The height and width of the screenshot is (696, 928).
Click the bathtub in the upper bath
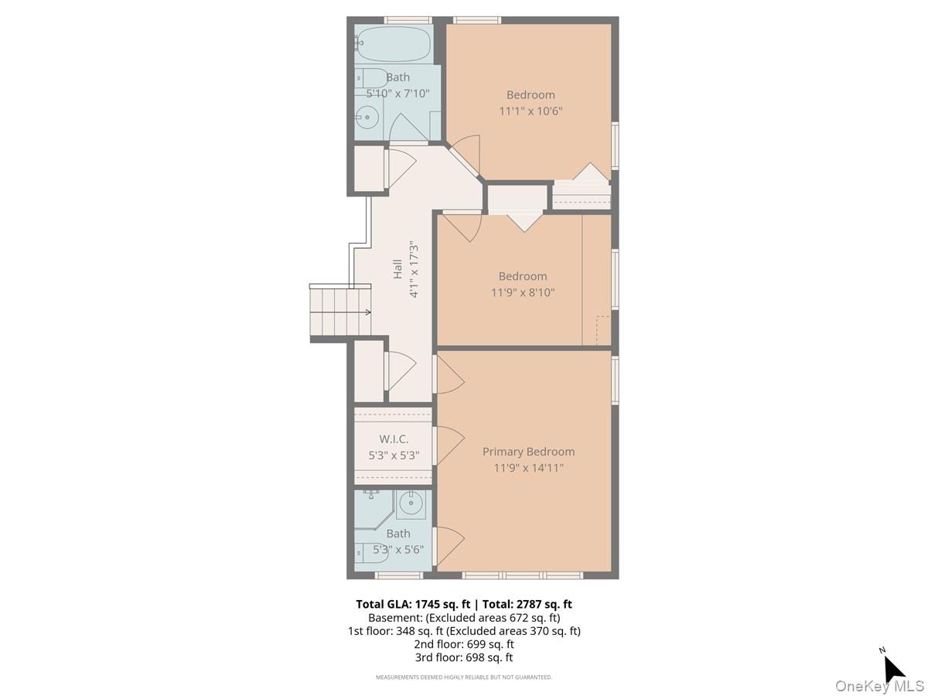coord(393,44)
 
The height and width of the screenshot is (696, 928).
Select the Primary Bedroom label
coord(528,452)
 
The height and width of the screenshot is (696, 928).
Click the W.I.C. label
coord(394,439)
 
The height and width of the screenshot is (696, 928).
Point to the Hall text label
coord(397,269)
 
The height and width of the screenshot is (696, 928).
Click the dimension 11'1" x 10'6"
coord(531,111)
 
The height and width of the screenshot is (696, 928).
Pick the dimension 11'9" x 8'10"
coord(523,292)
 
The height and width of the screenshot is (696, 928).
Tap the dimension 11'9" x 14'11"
coord(528,468)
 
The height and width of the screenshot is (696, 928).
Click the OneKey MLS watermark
coord(879,685)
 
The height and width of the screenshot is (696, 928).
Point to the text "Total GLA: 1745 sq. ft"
coord(413,604)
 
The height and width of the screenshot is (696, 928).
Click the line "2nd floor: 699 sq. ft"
coord(464,644)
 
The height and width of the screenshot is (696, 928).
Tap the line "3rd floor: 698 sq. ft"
coord(464,657)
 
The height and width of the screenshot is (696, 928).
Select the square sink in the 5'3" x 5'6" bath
coord(411,504)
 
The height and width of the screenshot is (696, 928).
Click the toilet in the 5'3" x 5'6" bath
coord(370,554)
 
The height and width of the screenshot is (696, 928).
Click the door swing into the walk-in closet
coord(449,445)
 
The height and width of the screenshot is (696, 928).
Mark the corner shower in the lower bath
coord(374,508)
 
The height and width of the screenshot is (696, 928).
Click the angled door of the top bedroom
coord(465,156)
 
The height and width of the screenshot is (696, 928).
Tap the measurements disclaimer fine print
coord(464,677)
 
